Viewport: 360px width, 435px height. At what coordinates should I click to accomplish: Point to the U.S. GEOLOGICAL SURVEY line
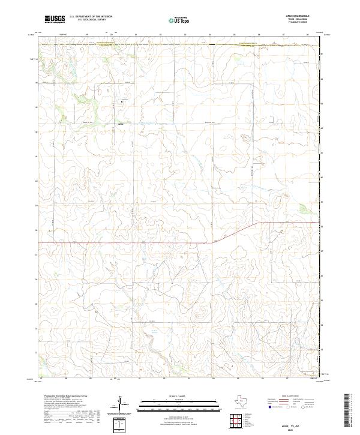click(x=91, y=20)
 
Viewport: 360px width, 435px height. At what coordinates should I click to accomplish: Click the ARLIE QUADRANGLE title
click(x=298, y=16)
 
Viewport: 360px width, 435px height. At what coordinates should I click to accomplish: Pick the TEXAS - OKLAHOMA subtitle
click(x=298, y=20)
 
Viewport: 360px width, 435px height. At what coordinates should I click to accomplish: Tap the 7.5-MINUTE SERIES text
click(x=298, y=23)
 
